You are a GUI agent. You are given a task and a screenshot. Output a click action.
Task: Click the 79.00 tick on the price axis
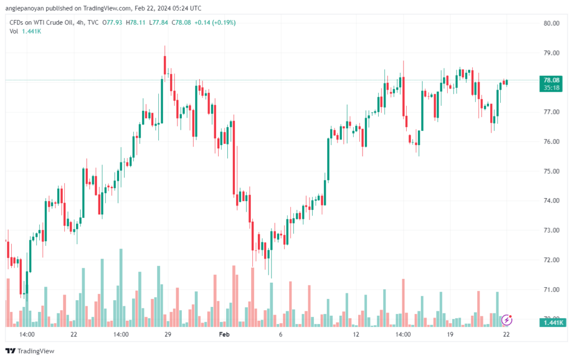[x=551, y=53]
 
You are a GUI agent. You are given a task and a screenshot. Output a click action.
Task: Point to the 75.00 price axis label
[x=551, y=171]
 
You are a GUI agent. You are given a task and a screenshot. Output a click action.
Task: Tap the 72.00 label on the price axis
[x=551, y=260]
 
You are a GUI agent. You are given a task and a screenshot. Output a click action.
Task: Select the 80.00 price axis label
[x=551, y=24]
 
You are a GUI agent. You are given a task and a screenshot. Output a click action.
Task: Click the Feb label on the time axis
[x=224, y=334]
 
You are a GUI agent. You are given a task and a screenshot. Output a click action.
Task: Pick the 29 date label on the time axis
[x=168, y=334]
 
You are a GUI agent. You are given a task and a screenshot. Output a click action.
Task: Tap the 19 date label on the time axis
[x=450, y=334]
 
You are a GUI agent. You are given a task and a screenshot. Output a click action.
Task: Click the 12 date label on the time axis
[x=356, y=334]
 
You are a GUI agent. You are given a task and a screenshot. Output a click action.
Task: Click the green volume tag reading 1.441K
[x=552, y=322]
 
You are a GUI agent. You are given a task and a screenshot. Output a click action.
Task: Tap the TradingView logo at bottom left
[x=30, y=351]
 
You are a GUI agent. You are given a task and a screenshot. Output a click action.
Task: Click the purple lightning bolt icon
[x=506, y=320]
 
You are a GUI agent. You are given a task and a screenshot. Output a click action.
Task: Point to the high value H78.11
[x=135, y=22]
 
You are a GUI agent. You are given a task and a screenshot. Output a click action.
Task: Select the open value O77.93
[x=112, y=22]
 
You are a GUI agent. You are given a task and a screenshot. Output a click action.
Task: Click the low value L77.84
[x=158, y=22]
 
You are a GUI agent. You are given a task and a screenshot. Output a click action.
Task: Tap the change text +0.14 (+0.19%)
[x=215, y=22]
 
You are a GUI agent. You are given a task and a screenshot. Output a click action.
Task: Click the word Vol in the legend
[x=13, y=31]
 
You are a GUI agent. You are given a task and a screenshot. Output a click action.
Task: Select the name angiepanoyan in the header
[x=25, y=8]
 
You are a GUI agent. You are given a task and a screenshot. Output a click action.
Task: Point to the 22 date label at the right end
[x=506, y=334]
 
